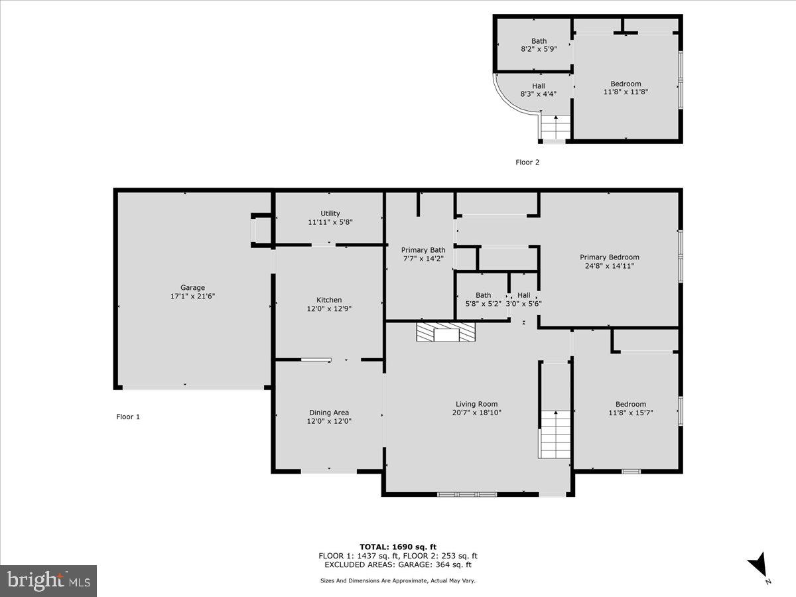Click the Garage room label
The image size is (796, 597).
point(192,288)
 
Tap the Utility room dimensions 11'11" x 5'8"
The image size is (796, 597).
point(330,222)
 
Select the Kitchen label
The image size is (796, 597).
point(329,300)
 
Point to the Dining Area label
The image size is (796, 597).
point(328,413)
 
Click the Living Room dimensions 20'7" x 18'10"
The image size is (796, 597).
point(476,412)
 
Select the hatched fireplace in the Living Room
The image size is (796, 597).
point(446,332)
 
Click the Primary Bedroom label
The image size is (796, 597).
point(609,257)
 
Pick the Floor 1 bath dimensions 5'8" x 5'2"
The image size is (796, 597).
point(483,304)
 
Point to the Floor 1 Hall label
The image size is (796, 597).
point(524,295)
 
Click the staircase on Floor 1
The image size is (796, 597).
point(555,434)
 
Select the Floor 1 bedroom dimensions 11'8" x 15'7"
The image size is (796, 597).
point(630,413)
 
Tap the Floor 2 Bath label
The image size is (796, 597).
point(539,41)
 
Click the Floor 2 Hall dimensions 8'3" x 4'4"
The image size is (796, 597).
point(538,94)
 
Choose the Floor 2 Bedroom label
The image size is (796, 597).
point(626,84)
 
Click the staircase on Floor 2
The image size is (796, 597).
point(555,127)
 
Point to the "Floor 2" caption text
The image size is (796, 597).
point(527,162)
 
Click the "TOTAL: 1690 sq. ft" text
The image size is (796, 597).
point(398,547)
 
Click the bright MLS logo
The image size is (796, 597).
point(48,580)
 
